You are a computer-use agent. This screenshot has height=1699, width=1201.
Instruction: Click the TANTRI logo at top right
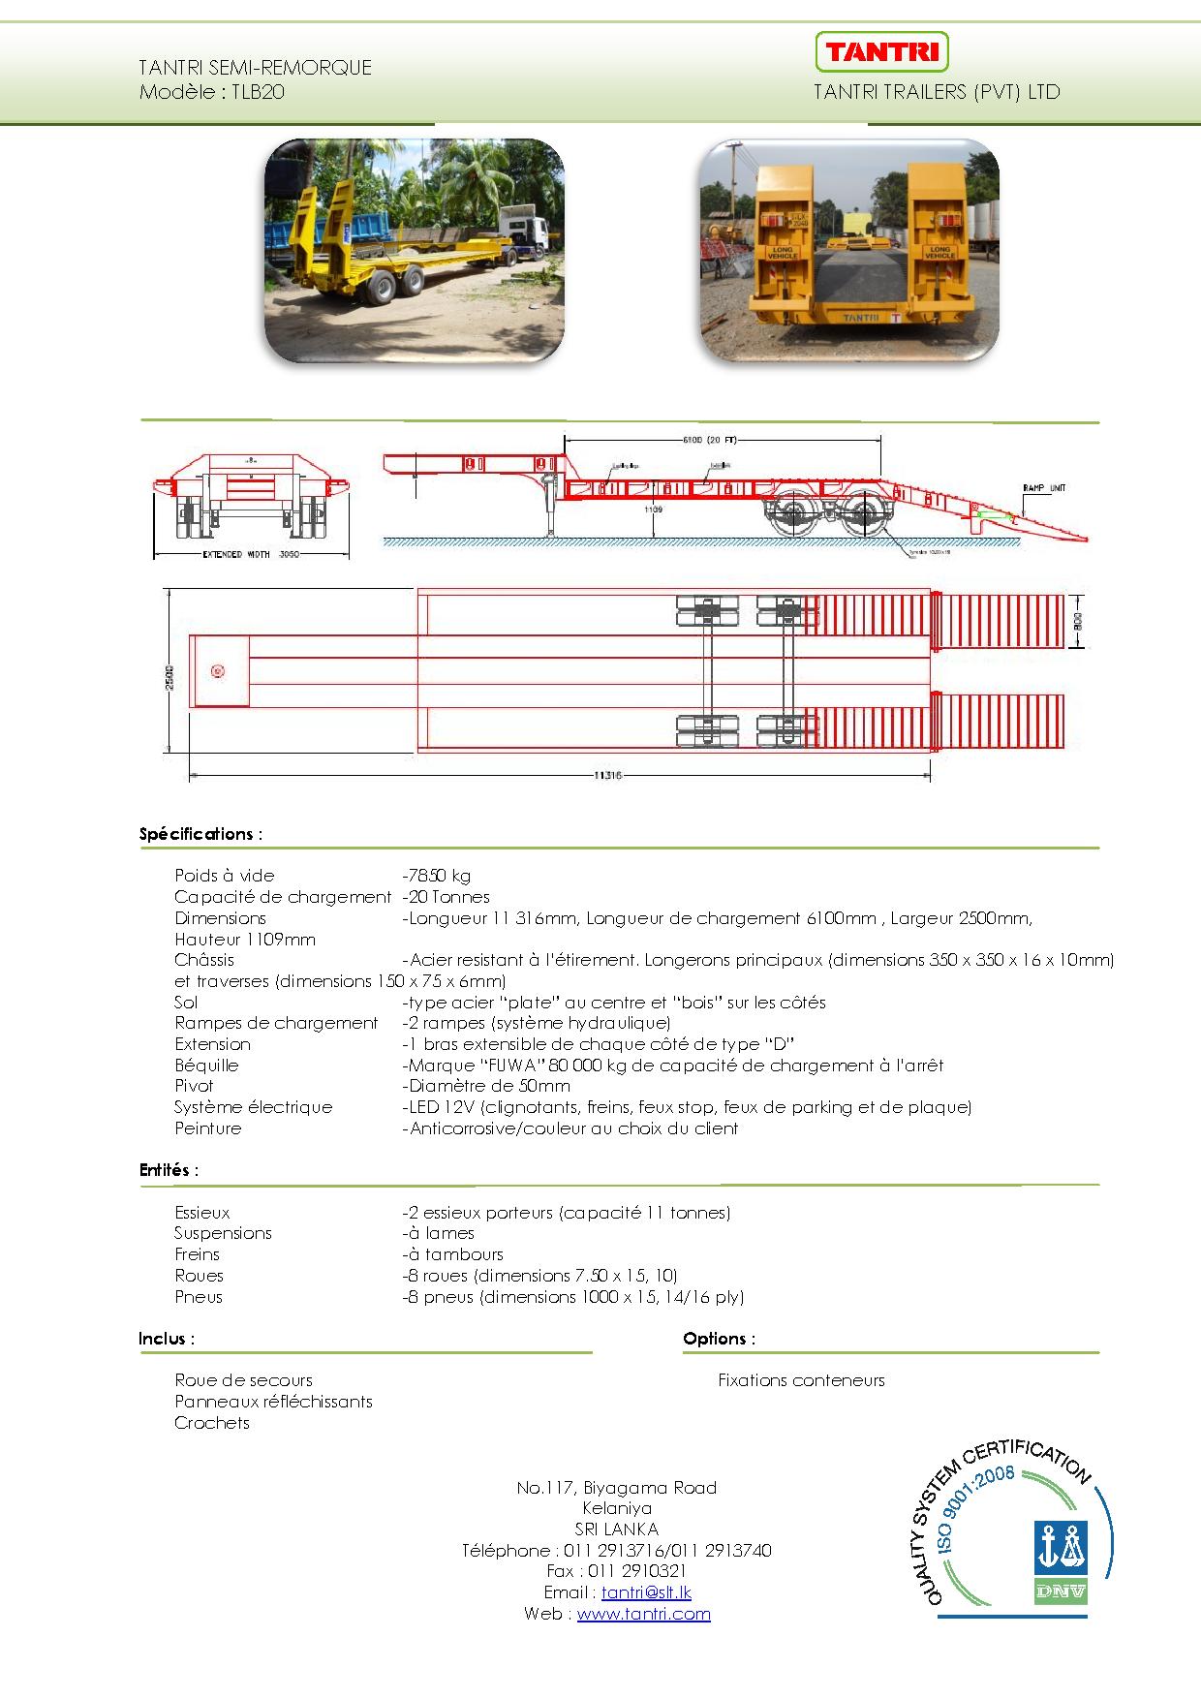881,51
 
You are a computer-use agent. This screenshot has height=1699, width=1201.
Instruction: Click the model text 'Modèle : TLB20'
212,93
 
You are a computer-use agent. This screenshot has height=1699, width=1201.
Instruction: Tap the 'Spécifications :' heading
200,834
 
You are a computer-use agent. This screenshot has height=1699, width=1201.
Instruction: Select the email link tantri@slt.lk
646,1592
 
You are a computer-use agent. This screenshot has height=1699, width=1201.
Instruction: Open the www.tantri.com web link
643,1614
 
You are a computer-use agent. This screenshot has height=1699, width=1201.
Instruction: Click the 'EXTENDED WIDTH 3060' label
251,556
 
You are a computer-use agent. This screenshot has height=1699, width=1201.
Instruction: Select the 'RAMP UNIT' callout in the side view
1044,487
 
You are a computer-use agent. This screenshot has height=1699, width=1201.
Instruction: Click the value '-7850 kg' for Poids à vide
437,876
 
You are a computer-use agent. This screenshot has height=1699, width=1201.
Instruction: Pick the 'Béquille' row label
206,1066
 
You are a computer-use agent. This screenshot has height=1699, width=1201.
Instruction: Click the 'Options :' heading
719,1339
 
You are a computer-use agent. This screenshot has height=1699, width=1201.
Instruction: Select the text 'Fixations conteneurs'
801,1380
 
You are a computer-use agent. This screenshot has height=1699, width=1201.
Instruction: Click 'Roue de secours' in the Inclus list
243,1380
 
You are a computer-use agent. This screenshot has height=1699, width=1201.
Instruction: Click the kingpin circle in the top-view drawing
217,670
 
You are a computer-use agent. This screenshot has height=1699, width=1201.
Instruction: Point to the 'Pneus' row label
199,1297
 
